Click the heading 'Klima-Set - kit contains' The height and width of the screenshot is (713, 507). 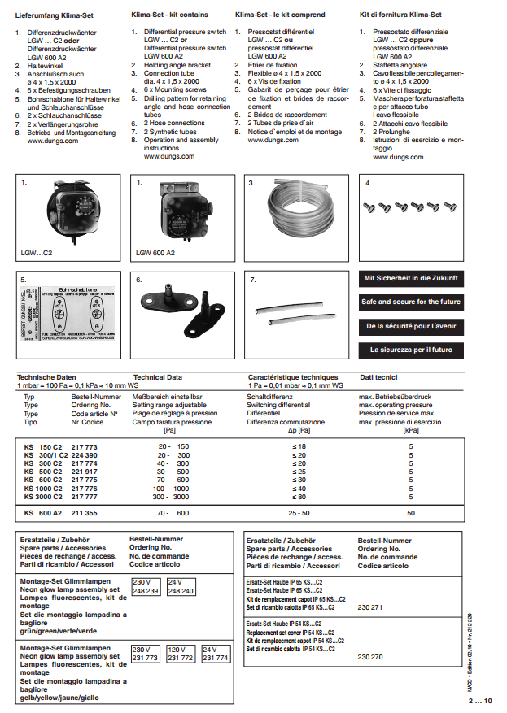169,15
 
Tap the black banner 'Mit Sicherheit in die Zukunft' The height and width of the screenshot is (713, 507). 411,277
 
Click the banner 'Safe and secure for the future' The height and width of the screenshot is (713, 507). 411,302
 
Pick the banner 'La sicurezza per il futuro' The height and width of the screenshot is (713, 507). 411,350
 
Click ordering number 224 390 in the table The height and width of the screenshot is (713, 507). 84,455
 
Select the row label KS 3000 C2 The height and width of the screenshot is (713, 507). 45,496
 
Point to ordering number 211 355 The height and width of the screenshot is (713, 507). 84,513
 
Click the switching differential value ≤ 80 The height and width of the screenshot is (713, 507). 299,496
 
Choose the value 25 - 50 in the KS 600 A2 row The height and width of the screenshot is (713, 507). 299,513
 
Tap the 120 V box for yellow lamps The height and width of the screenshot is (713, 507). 180,654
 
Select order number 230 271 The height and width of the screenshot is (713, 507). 370,607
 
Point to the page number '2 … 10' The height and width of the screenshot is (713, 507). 480,701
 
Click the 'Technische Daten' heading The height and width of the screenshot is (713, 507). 46,377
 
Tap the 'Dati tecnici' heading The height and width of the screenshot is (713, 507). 378,377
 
